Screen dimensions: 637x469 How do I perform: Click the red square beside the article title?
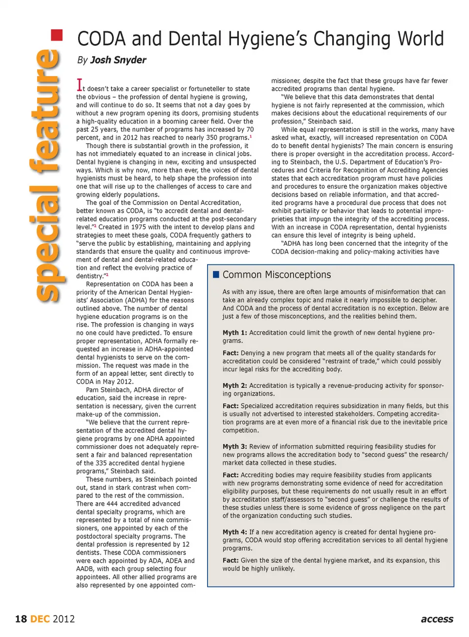(57, 35)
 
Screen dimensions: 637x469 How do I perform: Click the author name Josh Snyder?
(118, 60)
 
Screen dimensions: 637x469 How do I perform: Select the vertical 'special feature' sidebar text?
(47, 176)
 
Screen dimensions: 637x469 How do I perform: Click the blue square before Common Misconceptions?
(216, 275)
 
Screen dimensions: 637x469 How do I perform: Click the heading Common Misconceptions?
(277, 275)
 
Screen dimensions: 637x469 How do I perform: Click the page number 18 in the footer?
(21, 619)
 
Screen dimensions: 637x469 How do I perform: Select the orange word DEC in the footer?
(40, 619)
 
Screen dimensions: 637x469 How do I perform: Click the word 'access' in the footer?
(437, 619)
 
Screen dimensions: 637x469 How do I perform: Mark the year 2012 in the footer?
(64, 619)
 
